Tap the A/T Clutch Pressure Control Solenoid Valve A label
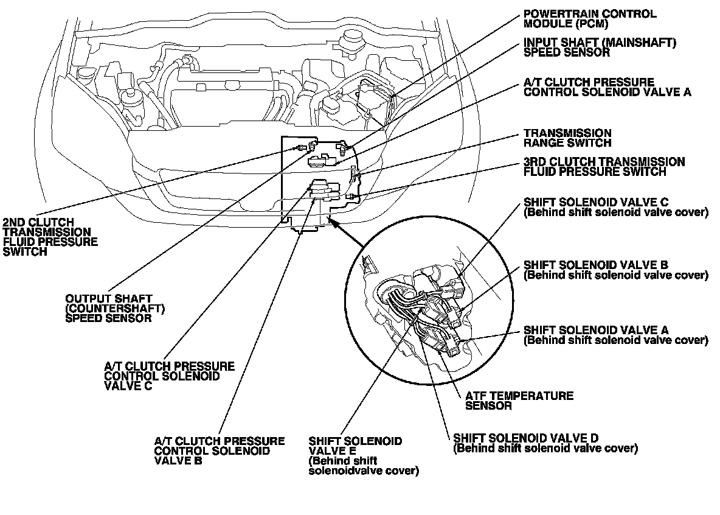coord(607,87)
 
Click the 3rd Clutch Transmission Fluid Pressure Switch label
coord(604,167)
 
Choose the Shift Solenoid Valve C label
coord(615,208)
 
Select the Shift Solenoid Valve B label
coord(615,270)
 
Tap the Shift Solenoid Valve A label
coord(615,335)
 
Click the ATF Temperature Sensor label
coord(519,401)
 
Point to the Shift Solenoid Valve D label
coord(545,443)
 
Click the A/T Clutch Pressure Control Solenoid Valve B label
coord(219,451)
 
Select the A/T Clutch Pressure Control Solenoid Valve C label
coord(169,376)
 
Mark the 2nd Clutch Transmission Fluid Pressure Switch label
coord(50,237)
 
